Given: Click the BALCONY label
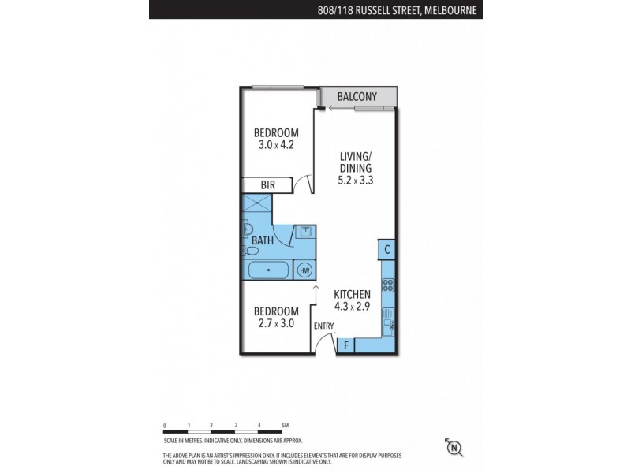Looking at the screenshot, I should click(x=357, y=97).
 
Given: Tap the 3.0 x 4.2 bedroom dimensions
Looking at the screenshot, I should click(x=276, y=145).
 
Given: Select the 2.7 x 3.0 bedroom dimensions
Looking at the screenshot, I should click(x=276, y=323).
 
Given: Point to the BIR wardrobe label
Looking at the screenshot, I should click(x=267, y=184).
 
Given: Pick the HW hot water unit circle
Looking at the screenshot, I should click(x=304, y=270).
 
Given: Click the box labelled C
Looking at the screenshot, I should click(x=386, y=250).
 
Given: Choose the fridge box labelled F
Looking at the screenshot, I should click(x=345, y=345).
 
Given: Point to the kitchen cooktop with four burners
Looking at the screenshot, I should click(x=387, y=286).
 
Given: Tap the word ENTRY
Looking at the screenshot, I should click(x=324, y=326).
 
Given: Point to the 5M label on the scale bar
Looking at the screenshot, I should click(x=286, y=426).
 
